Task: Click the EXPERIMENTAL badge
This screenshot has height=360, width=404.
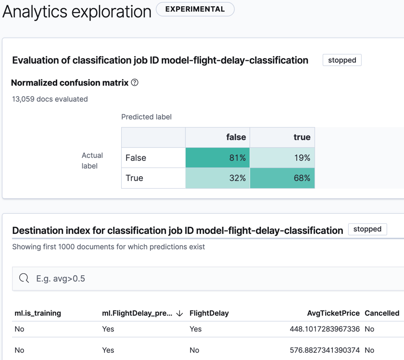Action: point(195,9)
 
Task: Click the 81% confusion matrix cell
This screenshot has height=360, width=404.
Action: point(217,158)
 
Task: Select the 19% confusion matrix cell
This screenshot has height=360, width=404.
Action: point(282,158)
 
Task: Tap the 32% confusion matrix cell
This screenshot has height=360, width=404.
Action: point(217,178)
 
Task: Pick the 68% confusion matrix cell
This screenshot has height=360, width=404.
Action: point(282,178)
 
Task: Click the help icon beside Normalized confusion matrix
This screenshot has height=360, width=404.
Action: point(135,82)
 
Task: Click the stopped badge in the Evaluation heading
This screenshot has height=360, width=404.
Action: point(342,60)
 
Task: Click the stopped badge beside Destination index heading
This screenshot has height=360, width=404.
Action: point(367,229)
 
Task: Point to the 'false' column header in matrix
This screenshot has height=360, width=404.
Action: point(236,137)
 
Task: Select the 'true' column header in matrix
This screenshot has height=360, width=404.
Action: point(302,137)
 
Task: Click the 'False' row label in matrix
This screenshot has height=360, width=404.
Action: point(136,158)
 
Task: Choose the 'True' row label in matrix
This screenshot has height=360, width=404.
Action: point(134,178)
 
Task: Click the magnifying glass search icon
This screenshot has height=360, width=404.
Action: point(24,278)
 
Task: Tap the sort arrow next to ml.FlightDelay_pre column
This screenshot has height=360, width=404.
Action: point(180,313)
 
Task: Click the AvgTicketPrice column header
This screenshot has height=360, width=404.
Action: point(333,313)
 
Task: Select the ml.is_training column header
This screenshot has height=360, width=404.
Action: point(38,313)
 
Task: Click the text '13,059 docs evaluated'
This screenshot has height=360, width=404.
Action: point(50,99)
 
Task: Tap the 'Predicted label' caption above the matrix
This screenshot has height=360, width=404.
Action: point(146,117)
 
